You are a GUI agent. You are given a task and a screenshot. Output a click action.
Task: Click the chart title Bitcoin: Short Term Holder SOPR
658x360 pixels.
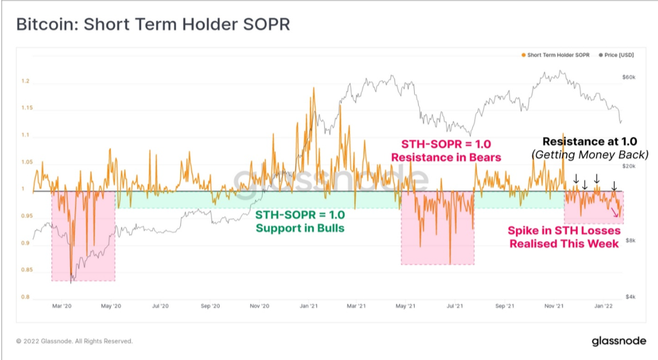pos(153,24)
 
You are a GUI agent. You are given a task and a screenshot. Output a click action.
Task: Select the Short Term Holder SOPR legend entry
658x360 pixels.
pos(555,55)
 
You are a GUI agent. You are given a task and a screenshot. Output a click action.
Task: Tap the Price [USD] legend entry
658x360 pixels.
pos(616,55)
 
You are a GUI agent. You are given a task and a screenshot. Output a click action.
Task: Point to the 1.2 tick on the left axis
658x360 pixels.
pos(26,81)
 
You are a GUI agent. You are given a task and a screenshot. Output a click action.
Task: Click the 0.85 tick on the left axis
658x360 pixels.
pos(27,269)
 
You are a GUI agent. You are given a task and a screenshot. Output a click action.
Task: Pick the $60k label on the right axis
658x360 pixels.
pos(629,77)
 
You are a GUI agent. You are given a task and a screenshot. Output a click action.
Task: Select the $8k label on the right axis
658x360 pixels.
pos(630,240)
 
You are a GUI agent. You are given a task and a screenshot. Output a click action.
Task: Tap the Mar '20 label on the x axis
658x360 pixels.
pos(61,306)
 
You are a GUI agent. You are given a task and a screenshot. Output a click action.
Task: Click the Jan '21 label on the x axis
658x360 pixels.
pos(309,306)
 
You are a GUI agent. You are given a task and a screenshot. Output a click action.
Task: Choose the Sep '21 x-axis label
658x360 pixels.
pos(505,306)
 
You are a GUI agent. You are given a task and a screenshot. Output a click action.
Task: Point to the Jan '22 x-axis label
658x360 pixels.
pos(603,306)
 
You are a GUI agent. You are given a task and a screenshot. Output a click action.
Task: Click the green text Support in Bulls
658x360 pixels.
pos(300,228)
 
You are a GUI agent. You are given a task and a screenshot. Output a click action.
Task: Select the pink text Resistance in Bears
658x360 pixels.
pos(446,157)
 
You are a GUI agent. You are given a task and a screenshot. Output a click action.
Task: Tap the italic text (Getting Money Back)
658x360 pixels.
pos(590,155)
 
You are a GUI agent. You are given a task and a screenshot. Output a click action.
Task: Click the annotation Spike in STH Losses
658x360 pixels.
pos(564,231)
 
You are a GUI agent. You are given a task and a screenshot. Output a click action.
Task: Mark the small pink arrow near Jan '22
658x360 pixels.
pos(614,212)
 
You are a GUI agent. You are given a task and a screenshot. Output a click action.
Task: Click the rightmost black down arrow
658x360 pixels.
pos(614,186)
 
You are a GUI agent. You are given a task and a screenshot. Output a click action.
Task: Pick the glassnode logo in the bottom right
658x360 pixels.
pos(619,341)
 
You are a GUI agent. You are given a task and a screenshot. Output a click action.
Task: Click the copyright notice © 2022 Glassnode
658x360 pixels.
pos(74,341)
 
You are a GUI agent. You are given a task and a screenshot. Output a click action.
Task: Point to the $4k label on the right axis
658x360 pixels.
pos(630,297)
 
